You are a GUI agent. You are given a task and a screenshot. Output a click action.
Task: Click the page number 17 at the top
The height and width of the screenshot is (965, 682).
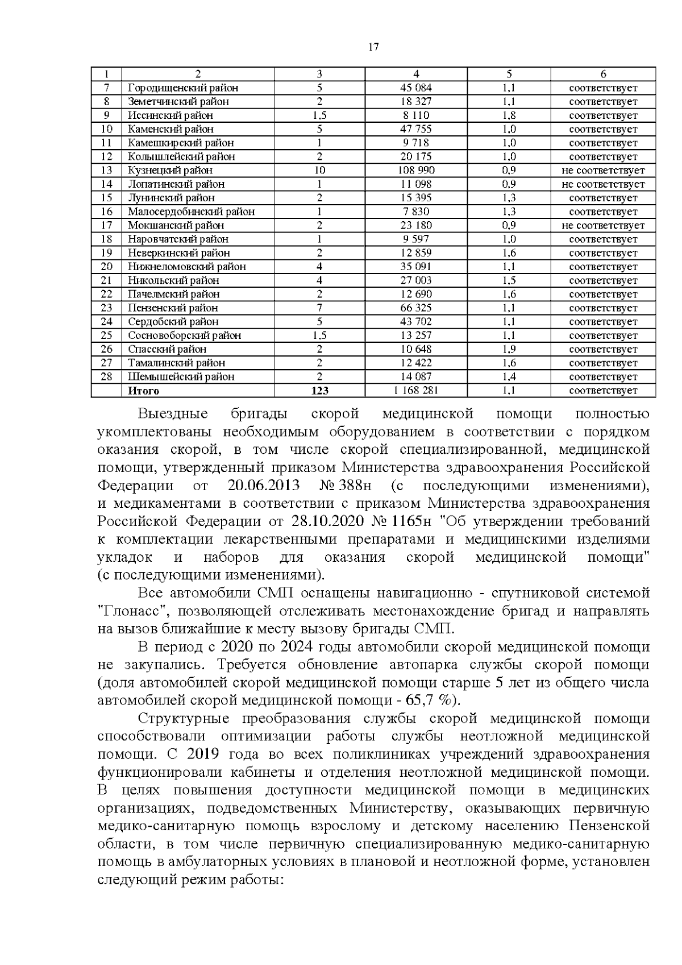(373, 47)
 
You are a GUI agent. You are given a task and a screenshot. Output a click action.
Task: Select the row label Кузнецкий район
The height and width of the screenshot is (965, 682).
(170, 171)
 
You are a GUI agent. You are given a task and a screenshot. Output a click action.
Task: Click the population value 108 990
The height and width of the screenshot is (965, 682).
(416, 171)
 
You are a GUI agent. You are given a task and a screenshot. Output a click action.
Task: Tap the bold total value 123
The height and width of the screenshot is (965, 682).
(320, 391)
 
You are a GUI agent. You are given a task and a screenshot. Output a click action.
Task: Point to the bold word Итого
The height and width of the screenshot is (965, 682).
(143, 391)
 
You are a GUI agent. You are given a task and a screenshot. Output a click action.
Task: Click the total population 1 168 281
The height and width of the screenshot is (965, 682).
(416, 391)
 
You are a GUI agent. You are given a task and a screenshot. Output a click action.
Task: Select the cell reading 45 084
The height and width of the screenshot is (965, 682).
(416, 88)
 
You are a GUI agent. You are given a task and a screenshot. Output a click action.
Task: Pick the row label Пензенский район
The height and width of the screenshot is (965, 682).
(173, 308)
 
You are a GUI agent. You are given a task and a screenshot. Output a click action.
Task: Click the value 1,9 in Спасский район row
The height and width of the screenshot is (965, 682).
(509, 349)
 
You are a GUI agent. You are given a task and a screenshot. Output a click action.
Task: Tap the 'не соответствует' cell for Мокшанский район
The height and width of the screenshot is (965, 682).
(603, 226)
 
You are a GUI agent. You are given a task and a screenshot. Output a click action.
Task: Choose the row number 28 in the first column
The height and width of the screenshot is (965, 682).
(106, 376)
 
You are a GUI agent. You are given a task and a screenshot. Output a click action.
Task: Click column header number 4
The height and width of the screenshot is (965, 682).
(416, 74)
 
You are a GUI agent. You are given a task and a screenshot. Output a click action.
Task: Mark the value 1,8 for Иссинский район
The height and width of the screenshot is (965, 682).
(509, 115)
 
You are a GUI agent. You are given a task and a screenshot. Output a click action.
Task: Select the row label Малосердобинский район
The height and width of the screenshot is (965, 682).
(191, 212)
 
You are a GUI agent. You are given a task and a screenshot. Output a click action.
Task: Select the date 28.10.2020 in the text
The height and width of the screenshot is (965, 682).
(325, 521)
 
